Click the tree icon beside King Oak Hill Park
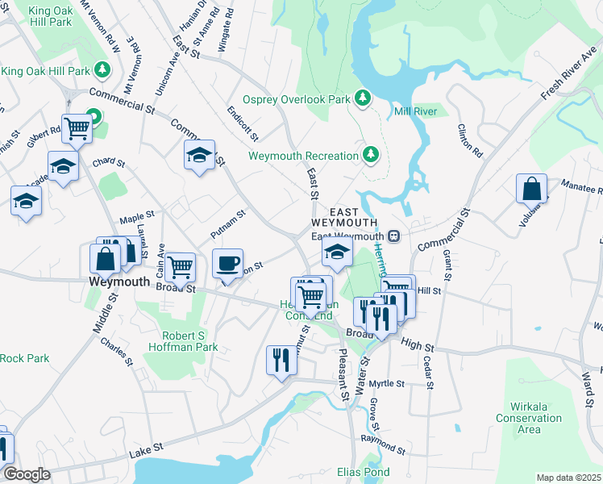pos(102,71)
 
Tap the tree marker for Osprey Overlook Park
pos(363,98)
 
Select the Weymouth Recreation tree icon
pos(371,154)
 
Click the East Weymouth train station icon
pos(393,236)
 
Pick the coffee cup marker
pos(228,263)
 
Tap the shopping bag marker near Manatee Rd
pos(532,189)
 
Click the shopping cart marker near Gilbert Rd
pos(77,127)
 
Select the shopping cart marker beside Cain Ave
pos(180,265)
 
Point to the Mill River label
pos(415,111)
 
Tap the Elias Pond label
pos(364,472)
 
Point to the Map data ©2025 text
pos(568,478)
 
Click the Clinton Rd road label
pos(469,140)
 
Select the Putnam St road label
pos(227,225)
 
